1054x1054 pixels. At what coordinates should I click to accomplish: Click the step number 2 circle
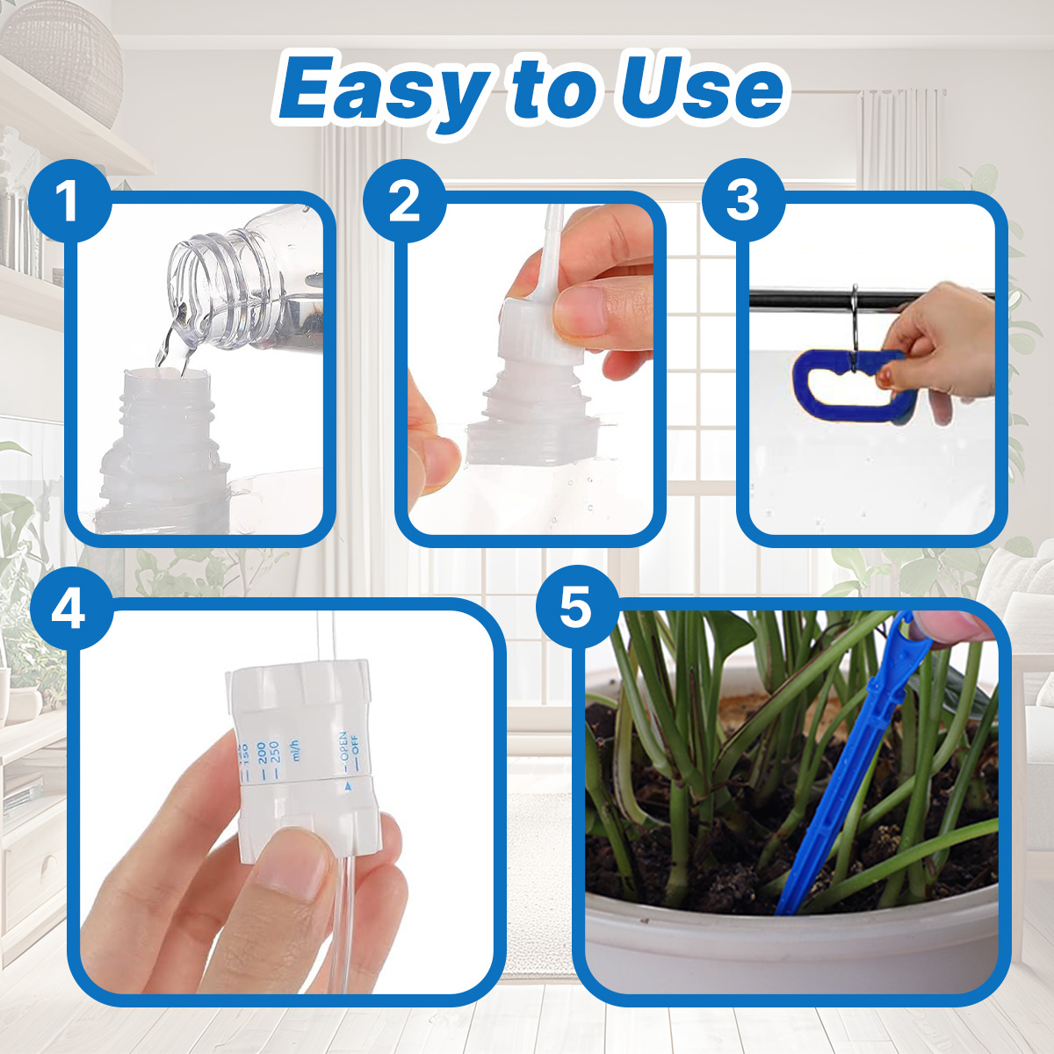tap(404, 201)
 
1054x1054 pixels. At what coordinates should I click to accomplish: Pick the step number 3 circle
tap(742, 201)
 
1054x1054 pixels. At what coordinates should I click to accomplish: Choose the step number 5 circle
tap(576, 609)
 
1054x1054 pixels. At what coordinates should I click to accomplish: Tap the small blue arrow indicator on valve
tap(348, 787)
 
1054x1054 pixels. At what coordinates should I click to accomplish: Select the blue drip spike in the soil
tap(843, 773)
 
